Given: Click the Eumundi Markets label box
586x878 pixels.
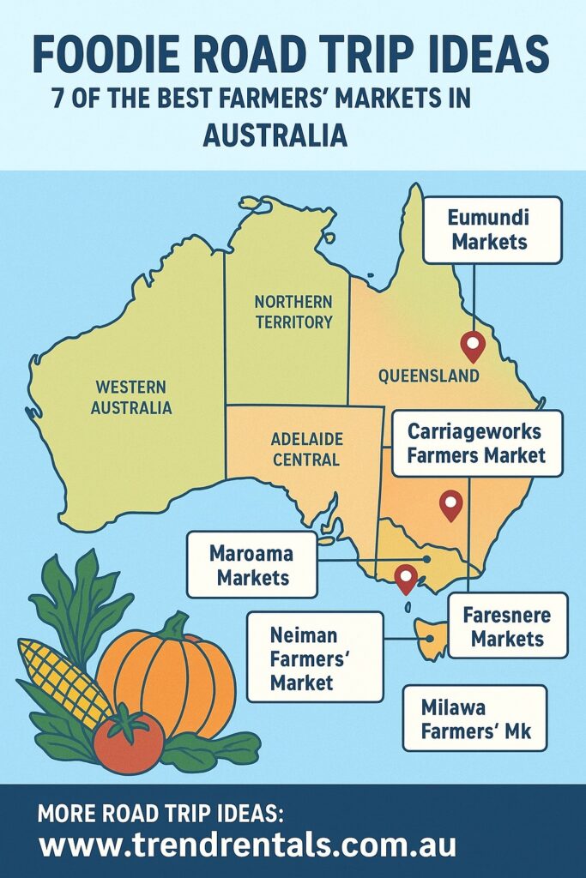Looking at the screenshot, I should pos(492,230).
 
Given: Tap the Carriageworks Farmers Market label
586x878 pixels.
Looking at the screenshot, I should pos(477,443).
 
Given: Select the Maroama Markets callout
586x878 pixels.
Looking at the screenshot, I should pos(251,565).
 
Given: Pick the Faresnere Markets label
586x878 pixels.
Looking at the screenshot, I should pos(507,627).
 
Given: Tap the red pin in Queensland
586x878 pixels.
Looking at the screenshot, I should pos(473,345).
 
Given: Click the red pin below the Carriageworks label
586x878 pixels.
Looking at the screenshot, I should pos(450,504).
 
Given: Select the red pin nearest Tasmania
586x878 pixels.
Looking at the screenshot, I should pos(406,578).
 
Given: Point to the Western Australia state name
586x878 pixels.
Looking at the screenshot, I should pos(132,397).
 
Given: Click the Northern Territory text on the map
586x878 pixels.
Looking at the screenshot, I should pos(293,312).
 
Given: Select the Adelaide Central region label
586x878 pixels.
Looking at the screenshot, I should pos(306,448).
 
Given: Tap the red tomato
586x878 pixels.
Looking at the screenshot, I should pos(128,739).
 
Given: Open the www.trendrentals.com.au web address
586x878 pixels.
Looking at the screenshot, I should pos(248,845).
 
